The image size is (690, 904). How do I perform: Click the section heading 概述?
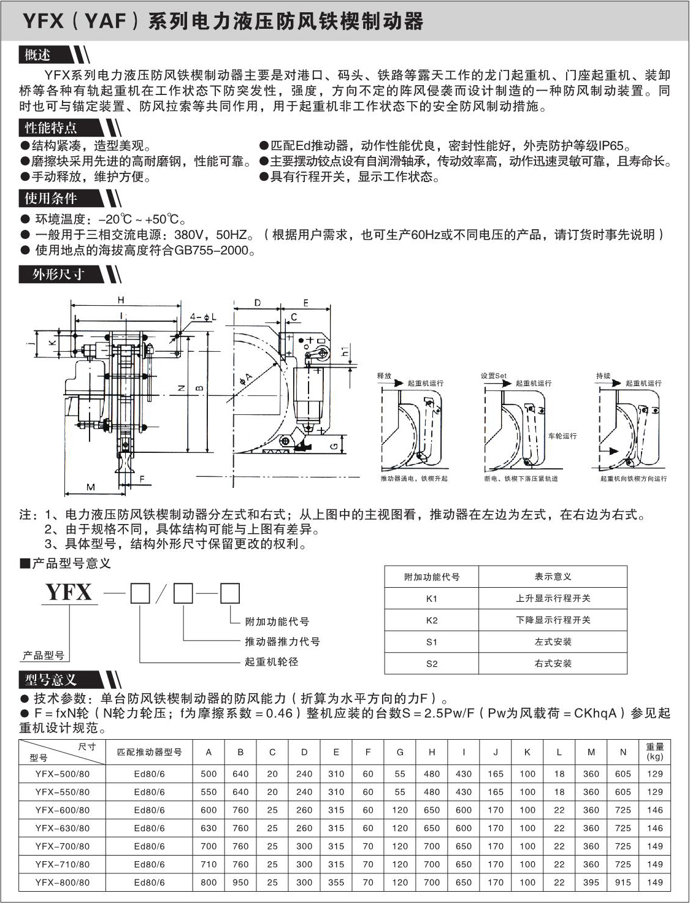tap(38, 55)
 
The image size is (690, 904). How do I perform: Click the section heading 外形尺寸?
tap(58, 275)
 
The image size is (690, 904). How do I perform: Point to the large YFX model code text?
tap(69, 593)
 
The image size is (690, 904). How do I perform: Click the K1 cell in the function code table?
tap(432, 599)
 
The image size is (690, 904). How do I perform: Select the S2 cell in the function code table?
tap(432, 664)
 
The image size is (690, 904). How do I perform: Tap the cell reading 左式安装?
tap(553, 642)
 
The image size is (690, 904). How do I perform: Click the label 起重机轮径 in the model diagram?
tap(272, 662)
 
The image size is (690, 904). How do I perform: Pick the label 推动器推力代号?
tap(282, 642)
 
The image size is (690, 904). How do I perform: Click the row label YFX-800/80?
tap(63, 883)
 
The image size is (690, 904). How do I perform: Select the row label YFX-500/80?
tap(63, 774)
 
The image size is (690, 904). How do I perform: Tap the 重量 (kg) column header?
tap(654, 751)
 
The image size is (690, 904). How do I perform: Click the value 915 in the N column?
tap(623, 883)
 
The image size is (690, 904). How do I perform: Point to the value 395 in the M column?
tap(591, 883)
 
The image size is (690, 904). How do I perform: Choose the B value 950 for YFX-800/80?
tap(240, 883)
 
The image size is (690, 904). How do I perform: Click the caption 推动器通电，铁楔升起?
tap(414, 479)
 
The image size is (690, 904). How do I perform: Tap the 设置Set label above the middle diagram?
tap(494, 376)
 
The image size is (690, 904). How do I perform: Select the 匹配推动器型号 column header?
tap(150, 752)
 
